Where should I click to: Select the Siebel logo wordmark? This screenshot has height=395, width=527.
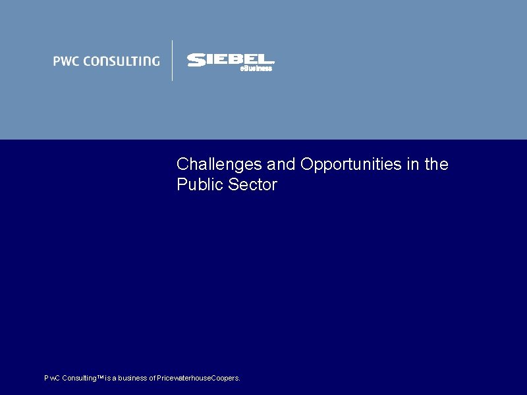pos(231,59)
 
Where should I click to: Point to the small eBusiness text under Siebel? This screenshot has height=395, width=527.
pos(256,68)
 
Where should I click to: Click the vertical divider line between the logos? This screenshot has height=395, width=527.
pos(173,61)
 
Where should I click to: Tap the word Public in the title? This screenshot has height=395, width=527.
pos(200,185)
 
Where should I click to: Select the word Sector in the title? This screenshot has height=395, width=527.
pos(253,185)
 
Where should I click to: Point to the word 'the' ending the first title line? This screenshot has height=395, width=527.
pos(436,164)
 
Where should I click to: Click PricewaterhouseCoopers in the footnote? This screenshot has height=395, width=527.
pos(198,378)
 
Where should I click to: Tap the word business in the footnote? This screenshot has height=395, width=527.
pos(131,378)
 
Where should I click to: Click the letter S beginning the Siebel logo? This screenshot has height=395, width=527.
pos(196,60)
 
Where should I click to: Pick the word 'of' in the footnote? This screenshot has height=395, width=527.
pos(152,378)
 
